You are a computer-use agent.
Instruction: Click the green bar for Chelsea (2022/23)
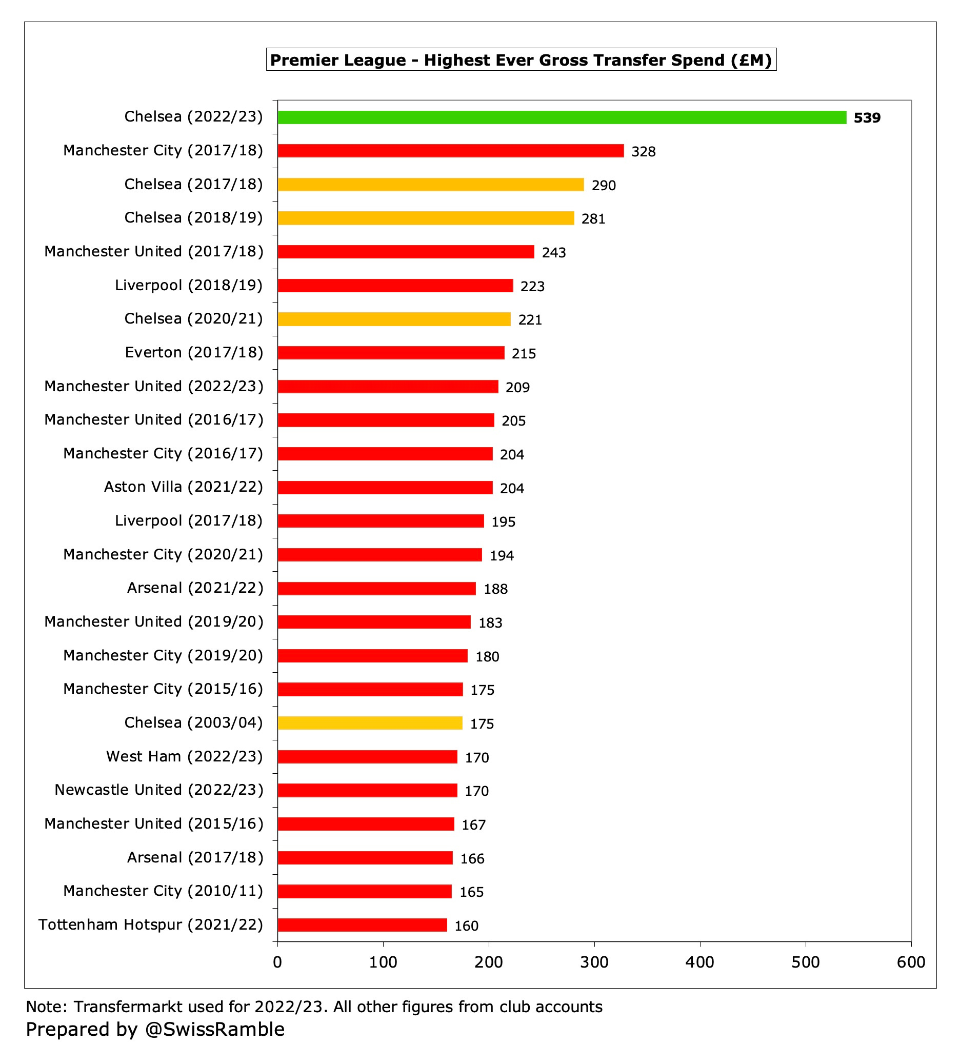coord(561,117)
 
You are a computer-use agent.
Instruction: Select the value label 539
coord(867,118)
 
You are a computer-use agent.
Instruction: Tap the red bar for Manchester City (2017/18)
coord(450,151)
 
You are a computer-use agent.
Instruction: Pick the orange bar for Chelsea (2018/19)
coord(426,218)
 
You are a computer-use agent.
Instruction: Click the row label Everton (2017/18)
coord(194,353)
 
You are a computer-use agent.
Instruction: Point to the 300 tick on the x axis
coord(594,962)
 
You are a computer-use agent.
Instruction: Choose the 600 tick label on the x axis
coord(910,962)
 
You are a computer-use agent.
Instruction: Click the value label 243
coord(553,252)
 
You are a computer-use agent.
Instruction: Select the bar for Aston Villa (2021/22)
coord(385,487)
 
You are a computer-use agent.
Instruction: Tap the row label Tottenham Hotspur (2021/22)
coord(151,925)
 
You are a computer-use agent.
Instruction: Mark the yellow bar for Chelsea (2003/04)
coord(370,723)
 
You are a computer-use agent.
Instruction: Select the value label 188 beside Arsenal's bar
coord(495,589)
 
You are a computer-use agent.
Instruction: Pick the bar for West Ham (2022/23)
coord(367,757)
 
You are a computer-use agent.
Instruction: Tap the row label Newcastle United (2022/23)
coord(159,790)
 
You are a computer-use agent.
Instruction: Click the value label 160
coord(466,926)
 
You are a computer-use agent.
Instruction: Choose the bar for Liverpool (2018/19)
coord(395,286)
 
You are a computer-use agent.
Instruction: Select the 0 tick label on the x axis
coord(277,962)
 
